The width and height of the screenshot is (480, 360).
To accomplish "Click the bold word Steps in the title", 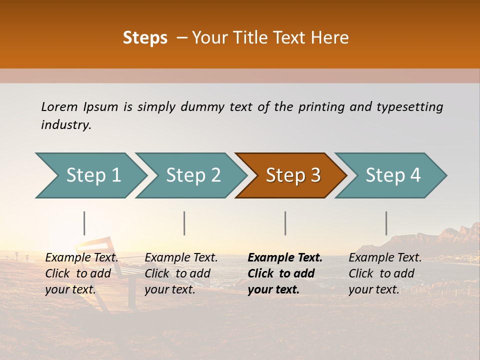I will pos(145,38).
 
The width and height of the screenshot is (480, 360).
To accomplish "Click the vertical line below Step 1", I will pos(84,223).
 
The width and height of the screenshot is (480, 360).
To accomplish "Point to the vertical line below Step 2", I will pos(184,223).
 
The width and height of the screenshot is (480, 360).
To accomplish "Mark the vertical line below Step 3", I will pos(285,223).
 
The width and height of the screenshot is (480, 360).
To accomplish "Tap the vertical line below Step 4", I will pos(386,223).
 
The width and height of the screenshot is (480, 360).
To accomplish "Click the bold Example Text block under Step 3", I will pos(285,273).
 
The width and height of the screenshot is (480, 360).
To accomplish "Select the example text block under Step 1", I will pos(81,273).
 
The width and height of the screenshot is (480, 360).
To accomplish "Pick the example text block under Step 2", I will pos(181,273).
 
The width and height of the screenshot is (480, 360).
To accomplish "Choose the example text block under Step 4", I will pos(385,273).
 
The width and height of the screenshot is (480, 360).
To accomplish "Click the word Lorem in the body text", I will pos(59,106).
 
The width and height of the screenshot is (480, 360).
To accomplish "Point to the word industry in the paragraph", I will pos(65,125).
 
